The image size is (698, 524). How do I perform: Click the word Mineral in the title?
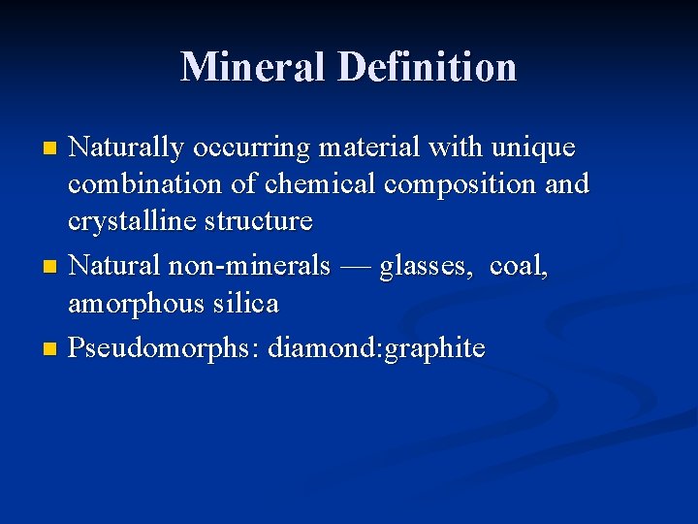point(252,66)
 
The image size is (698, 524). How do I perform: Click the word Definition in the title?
point(428,66)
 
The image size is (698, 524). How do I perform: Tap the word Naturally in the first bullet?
point(127,148)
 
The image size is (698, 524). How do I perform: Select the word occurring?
point(252,148)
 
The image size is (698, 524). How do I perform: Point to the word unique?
point(533,147)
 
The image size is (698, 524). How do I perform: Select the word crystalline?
point(133,221)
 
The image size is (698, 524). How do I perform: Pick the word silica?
point(247,303)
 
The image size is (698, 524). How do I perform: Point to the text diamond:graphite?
point(377,347)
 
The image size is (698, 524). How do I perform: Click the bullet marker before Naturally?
point(52,149)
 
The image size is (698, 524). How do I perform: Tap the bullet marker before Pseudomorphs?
point(52,348)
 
